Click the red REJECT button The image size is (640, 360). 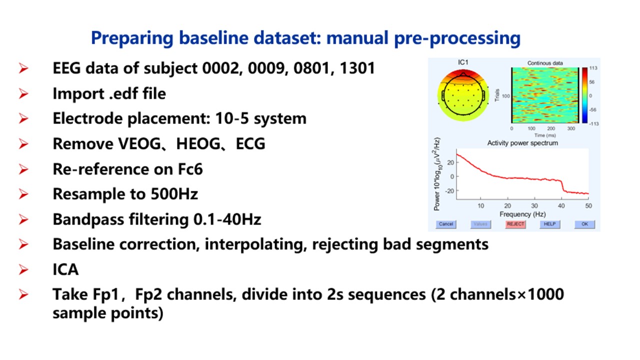[x=515, y=224]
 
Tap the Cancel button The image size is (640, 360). [x=446, y=224]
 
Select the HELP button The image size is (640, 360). [x=549, y=224]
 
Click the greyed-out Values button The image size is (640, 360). [x=480, y=224]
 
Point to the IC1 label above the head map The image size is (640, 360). [x=463, y=62]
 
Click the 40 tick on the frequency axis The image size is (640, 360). [x=561, y=205]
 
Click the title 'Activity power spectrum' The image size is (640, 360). [x=522, y=143]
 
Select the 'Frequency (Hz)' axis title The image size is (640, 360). [x=522, y=214]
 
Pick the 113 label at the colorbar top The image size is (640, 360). [x=593, y=68]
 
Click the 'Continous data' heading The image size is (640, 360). [x=545, y=63]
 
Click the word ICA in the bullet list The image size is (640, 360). [x=65, y=269]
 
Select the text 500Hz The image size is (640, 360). [x=174, y=194]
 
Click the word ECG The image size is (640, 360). [x=250, y=143]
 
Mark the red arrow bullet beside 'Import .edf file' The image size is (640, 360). [x=23, y=93]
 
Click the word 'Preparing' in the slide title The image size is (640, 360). [x=132, y=38]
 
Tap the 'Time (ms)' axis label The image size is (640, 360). [x=545, y=135]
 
